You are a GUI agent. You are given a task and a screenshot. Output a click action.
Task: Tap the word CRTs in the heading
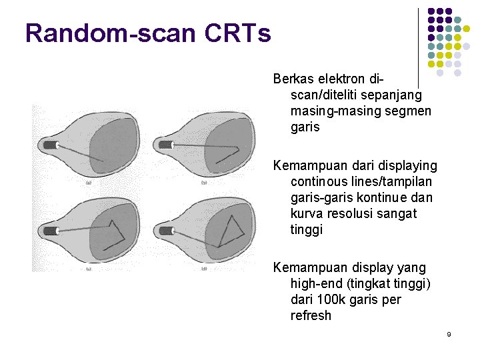247,33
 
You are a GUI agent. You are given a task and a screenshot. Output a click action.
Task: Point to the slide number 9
449,333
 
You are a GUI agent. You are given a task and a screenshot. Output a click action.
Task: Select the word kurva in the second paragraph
307,213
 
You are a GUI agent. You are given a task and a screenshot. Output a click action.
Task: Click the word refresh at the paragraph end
311,315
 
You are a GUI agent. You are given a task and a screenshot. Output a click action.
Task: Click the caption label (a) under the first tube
88,183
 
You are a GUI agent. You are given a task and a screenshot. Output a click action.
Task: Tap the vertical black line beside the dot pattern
418,40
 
